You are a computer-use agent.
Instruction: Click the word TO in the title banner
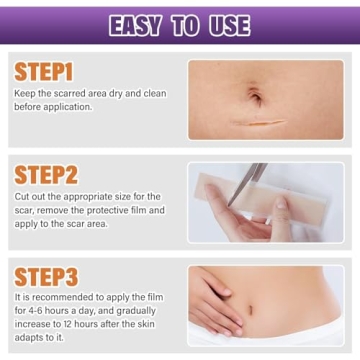click(186, 24)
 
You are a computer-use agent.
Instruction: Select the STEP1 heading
click(45, 72)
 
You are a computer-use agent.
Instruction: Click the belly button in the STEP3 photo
click(277, 309)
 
